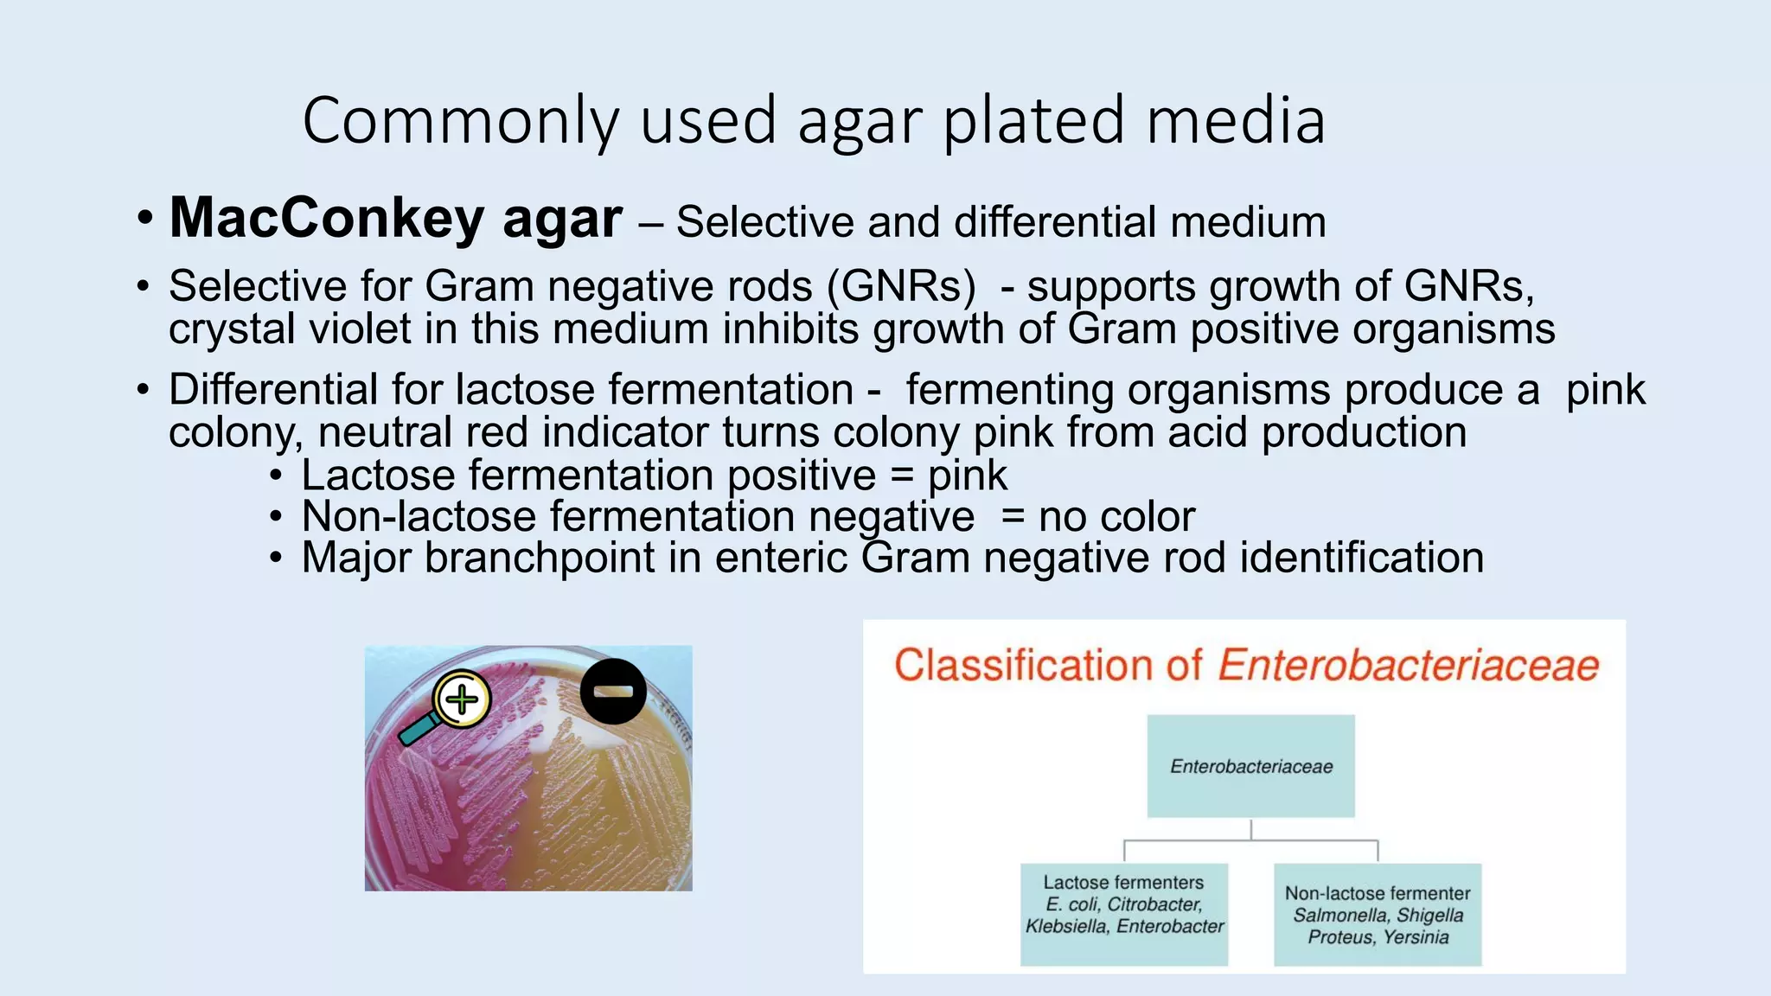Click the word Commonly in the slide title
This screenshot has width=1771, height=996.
(460, 121)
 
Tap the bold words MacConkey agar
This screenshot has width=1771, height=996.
(395, 218)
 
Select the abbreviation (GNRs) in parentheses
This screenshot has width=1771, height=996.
(901, 286)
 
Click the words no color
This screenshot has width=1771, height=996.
(1116, 517)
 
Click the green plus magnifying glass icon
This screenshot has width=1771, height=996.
(460, 699)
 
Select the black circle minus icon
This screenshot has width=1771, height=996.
(613, 691)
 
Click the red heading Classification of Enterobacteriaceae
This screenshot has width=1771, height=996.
(1245, 666)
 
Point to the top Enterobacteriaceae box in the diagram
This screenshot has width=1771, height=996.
(1250, 766)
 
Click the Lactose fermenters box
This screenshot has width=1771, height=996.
(1123, 913)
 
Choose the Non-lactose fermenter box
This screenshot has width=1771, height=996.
(1377, 914)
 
